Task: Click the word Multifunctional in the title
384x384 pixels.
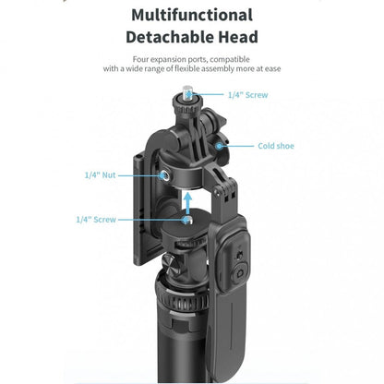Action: point(191,16)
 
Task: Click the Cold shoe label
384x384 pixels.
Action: point(276,145)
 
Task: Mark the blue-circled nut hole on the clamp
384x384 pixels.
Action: point(164,174)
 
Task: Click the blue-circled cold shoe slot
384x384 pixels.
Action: point(220,145)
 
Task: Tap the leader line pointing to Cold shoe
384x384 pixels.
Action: point(241,145)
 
